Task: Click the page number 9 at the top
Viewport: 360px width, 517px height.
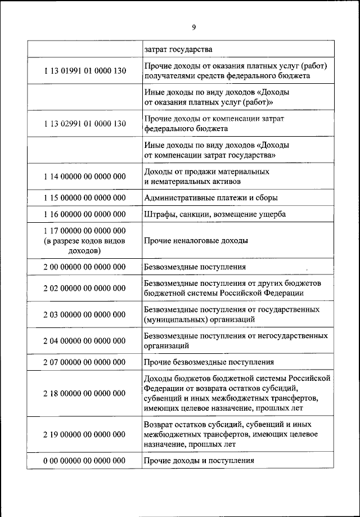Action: pos(193,27)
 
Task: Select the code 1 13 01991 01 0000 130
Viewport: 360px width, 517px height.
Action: pos(84,71)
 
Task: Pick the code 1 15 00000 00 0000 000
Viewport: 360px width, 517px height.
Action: pos(84,198)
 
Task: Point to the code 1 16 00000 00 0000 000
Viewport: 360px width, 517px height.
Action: pos(84,214)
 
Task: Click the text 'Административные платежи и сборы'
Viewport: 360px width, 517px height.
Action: pos(211,198)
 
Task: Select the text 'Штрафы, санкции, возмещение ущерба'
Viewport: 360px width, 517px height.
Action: pos(215,214)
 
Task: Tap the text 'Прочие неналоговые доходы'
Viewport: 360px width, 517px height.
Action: pos(196,241)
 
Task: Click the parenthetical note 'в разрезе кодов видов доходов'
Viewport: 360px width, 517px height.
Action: pos(84,246)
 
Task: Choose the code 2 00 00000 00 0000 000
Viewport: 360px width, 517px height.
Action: pos(84,267)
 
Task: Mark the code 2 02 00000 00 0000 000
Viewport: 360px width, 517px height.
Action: pos(84,288)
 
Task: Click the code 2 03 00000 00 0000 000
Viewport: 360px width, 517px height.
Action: pos(84,314)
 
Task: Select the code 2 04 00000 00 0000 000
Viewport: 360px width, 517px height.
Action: pos(84,341)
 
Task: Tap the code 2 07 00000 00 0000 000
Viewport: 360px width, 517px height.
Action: pos(84,362)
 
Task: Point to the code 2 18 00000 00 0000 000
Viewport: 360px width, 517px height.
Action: pos(84,393)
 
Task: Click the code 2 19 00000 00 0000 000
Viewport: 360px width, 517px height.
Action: pos(84,434)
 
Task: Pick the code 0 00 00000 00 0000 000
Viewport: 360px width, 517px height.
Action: pos(84,461)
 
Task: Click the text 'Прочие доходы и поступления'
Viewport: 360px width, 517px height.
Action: pos(199,461)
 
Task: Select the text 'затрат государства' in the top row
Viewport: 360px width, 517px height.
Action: pos(178,50)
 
